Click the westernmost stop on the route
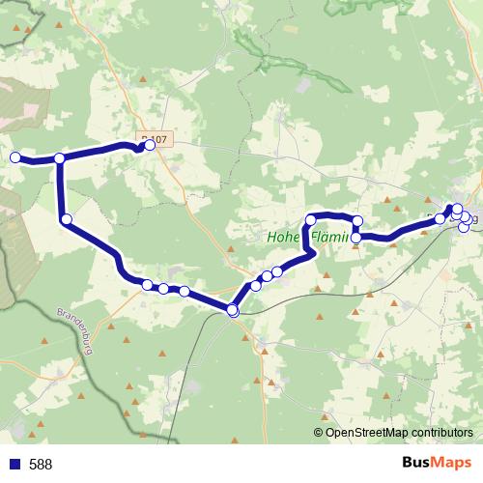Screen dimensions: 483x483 click(14, 157)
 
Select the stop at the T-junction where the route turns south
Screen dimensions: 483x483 click(60, 158)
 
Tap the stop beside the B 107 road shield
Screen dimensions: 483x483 click(150, 145)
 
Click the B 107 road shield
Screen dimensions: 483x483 click(154, 139)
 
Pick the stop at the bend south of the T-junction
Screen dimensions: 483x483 click(66, 220)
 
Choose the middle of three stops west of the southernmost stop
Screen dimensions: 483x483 click(164, 288)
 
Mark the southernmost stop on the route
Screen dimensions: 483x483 click(232, 310)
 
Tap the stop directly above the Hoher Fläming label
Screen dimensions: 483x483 click(311, 220)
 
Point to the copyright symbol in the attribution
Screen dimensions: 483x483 click(319, 433)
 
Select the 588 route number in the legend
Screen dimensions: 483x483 click(41, 465)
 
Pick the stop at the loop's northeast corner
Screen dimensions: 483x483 click(356, 221)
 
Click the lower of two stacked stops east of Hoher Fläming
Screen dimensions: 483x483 click(356, 237)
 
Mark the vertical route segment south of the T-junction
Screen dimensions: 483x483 click(61, 188)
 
